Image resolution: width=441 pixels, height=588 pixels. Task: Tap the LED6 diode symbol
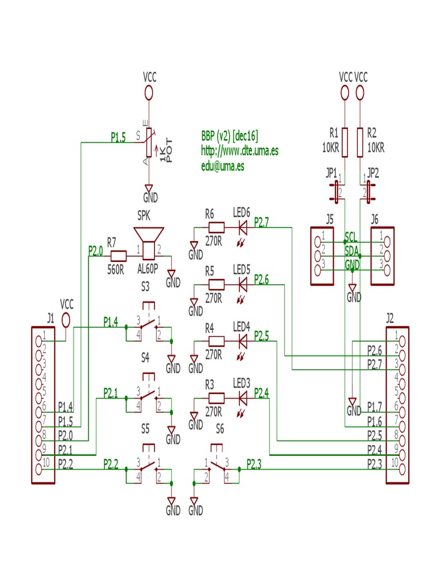tap(242, 227)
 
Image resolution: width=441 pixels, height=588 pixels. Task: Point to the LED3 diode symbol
tap(242, 397)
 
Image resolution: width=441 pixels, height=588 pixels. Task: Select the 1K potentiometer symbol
tap(149, 142)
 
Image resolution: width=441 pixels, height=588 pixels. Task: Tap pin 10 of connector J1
tap(39, 469)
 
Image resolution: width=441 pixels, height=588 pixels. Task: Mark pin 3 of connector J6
tap(387, 270)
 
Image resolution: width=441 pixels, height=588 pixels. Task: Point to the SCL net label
tap(351, 237)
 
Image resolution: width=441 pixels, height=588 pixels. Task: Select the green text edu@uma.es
tap(222, 167)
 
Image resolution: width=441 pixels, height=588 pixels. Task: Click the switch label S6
tap(220, 428)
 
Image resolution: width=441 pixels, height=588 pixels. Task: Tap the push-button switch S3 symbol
tap(148, 327)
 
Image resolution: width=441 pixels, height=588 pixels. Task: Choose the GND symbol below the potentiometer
tap(149, 190)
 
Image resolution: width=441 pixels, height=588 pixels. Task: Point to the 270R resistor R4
tap(216, 341)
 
